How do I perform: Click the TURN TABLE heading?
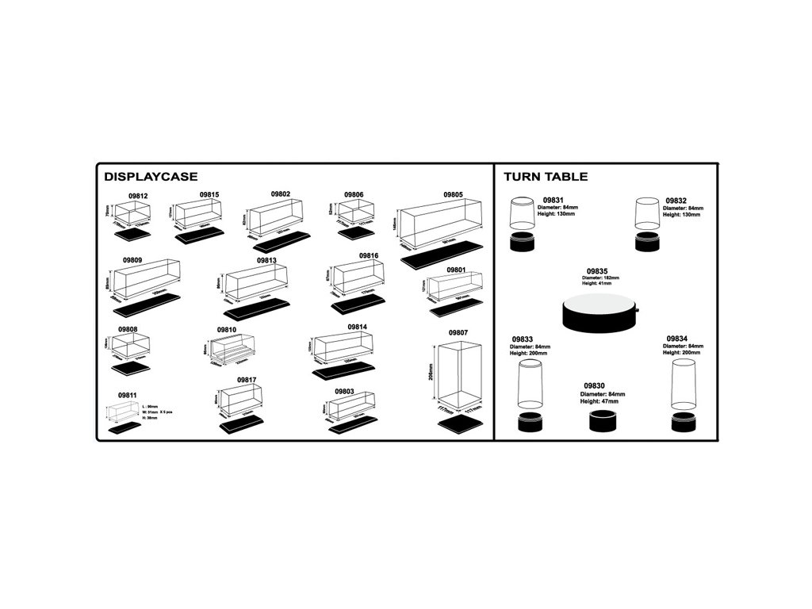coord(546,177)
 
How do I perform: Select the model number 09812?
coord(139,195)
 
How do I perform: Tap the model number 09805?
coord(453,194)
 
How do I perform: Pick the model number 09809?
coord(132,260)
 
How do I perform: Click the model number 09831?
coord(553,201)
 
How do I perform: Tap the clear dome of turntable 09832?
coord(648,213)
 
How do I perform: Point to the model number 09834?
coord(676,338)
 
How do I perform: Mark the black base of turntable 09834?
coord(684,422)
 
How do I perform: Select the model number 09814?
coord(358,327)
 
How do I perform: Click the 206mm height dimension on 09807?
coord(431,372)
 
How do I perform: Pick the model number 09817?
coord(246,381)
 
